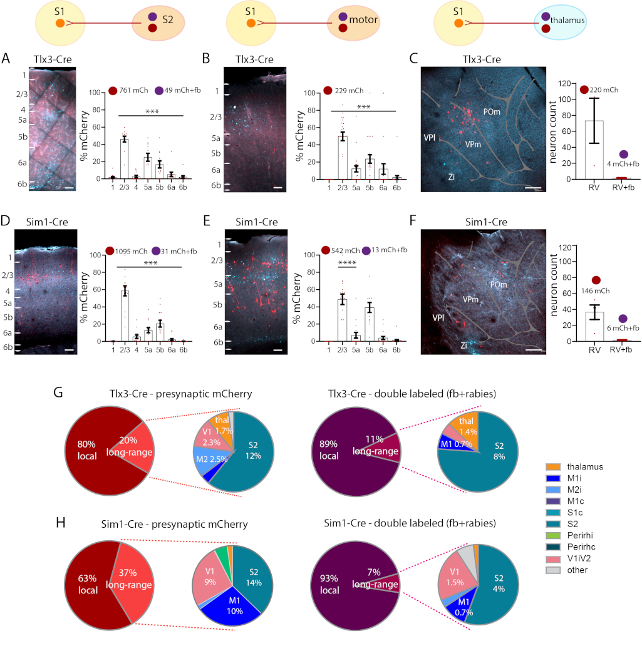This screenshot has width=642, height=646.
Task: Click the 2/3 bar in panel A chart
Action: point(124,158)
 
